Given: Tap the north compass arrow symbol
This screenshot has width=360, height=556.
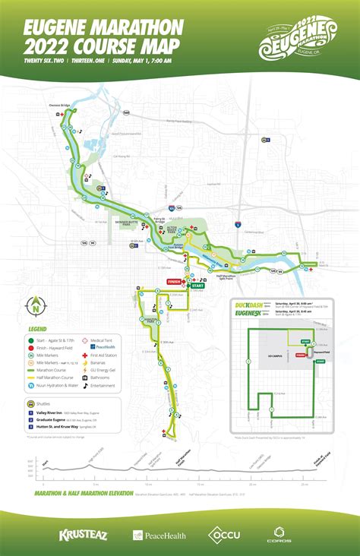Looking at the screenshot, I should tap(36, 307).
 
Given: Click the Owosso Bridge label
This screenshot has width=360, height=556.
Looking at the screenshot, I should tap(60, 106).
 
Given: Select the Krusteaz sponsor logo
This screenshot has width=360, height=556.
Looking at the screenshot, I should tap(81, 535).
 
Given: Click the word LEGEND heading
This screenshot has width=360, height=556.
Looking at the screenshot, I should tap(38, 328).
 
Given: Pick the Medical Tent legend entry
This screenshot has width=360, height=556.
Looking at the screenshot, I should tap(104, 341).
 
